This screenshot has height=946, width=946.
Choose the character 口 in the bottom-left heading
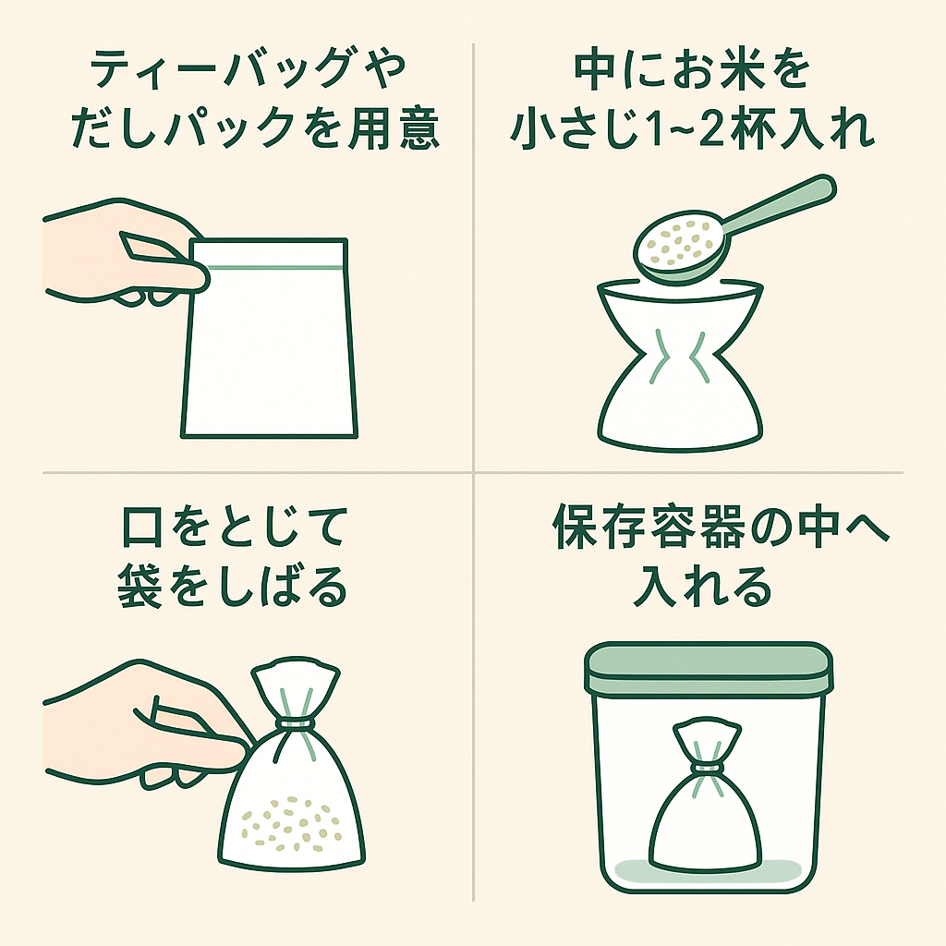click(142, 527)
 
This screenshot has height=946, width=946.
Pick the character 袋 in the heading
click(140, 585)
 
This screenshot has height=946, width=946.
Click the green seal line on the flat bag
click(275, 266)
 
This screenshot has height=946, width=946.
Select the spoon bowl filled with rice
click(681, 249)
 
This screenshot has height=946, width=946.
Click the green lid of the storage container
click(709, 668)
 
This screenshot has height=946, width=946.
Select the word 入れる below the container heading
click(702, 585)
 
